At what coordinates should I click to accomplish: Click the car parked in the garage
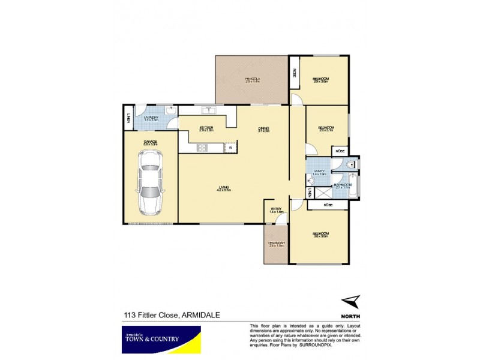(x=150, y=182)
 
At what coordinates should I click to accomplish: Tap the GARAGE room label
(x=150, y=142)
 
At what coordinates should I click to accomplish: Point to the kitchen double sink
(x=209, y=110)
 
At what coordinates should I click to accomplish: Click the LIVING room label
(x=225, y=188)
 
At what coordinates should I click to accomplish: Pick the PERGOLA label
(x=252, y=79)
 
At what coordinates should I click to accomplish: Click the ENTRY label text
(x=276, y=209)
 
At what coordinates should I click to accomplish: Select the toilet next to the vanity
(x=353, y=163)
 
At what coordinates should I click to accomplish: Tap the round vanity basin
(x=311, y=181)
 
